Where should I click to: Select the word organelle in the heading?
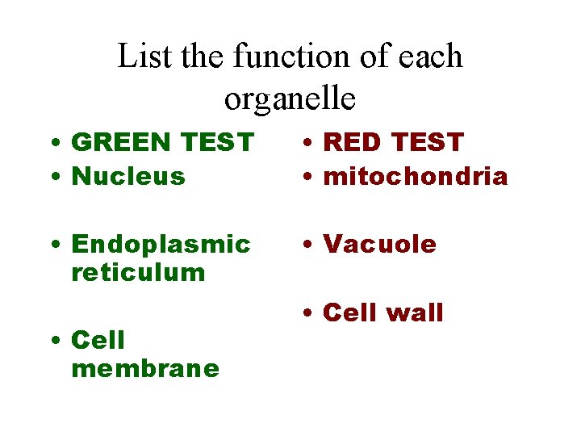[x=290, y=99]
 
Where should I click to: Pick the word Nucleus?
[x=128, y=176]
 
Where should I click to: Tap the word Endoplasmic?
[x=161, y=245]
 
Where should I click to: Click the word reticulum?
[x=138, y=272]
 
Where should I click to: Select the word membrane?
[x=145, y=368]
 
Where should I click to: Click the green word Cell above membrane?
[x=98, y=340]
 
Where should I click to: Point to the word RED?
[x=352, y=142]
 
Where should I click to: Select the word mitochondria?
[x=415, y=176]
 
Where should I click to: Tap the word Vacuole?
[x=379, y=245]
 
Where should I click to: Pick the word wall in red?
[x=414, y=312]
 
